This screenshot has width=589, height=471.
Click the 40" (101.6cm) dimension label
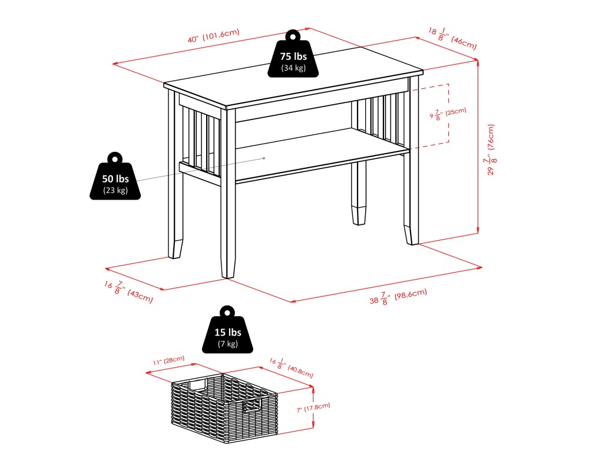click(213, 37)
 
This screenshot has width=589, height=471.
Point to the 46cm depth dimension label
click(452, 39)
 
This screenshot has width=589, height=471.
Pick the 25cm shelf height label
click(448, 114)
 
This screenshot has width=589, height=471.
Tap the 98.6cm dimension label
click(398, 297)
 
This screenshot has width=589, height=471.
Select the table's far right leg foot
click(412, 233)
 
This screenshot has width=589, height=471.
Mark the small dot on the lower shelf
click(264, 158)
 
